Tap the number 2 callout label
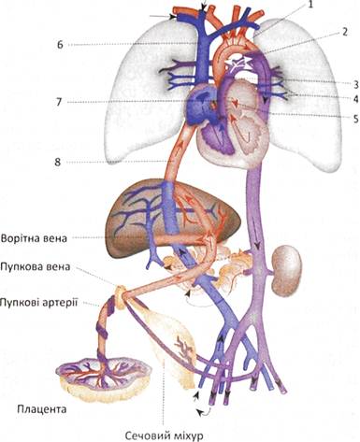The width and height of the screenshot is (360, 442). pyautogui.click(x=344, y=32)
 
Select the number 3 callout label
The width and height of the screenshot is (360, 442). pyautogui.click(x=355, y=84)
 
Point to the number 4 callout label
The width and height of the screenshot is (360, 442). pyautogui.click(x=355, y=100)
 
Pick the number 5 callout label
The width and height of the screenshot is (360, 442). pyautogui.click(x=355, y=119)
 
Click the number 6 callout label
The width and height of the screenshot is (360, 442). pyautogui.click(x=60, y=45)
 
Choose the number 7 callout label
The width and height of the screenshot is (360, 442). pyautogui.click(x=59, y=102)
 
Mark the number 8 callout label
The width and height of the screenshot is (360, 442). pyautogui.click(x=58, y=163)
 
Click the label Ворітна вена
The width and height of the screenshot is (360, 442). pyautogui.click(x=34, y=238)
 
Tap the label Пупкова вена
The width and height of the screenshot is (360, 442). pyautogui.click(x=36, y=267)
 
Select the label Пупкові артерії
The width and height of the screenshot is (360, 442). pyautogui.click(x=38, y=302)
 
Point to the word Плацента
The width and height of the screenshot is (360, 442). pyautogui.click(x=42, y=408)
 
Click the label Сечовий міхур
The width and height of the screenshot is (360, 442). pyautogui.click(x=164, y=435)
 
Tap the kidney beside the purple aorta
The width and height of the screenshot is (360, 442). pyautogui.click(x=286, y=270)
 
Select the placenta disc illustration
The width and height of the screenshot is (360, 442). pyautogui.click(x=104, y=378)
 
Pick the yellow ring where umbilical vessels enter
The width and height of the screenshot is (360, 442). pyautogui.click(x=121, y=297)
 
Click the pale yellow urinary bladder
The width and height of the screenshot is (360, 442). pyautogui.click(x=170, y=343)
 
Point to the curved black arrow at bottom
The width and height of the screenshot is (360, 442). pyautogui.click(x=204, y=413)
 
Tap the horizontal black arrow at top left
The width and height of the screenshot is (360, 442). pyautogui.click(x=162, y=16)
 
